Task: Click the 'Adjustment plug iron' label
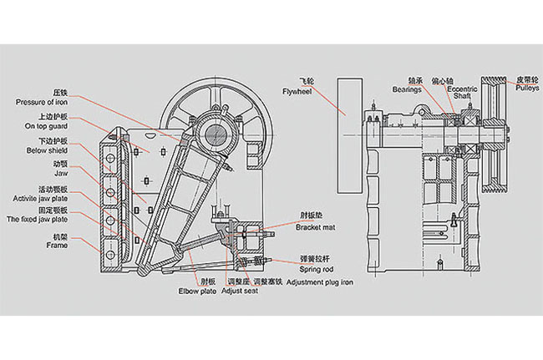point(320,283)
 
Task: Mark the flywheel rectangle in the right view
point(348,134)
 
